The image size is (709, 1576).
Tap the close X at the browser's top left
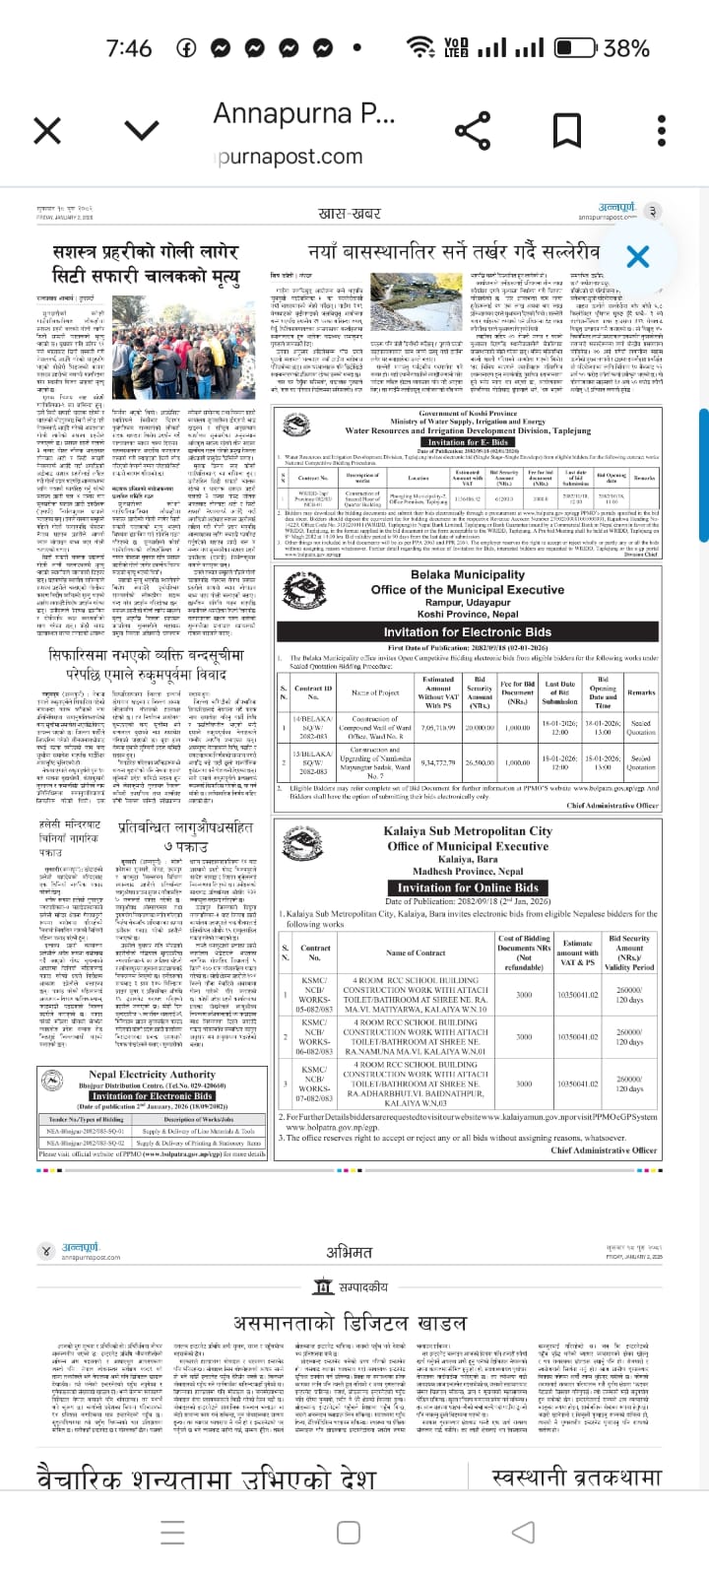tap(47, 130)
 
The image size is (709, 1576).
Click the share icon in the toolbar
tap(471, 130)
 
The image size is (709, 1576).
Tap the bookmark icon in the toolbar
tap(566, 130)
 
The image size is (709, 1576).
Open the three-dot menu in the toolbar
tap(661, 130)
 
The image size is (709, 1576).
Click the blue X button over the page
tap(637, 257)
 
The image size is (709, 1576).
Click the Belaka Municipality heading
tap(468, 575)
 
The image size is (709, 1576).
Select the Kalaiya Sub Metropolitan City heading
tap(468, 831)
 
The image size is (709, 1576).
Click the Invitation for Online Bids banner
tap(468, 886)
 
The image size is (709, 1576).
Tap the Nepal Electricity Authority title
tap(152, 1075)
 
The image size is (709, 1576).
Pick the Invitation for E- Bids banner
tap(468, 442)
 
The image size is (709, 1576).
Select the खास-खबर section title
tap(350, 214)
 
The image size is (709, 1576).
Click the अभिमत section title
tap(350, 1252)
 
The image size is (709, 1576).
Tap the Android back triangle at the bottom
tap(525, 1532)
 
